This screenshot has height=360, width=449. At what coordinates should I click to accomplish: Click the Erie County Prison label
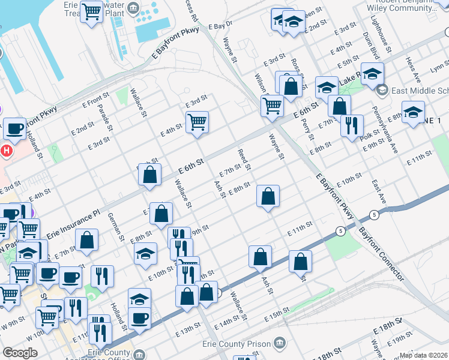(x=238, y=344)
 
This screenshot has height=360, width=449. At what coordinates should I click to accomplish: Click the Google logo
(x=20, y=353)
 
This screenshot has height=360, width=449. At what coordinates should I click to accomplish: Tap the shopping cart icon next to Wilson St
(x=273, y=106)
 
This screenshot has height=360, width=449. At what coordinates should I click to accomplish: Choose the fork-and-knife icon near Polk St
(x=352, y=125)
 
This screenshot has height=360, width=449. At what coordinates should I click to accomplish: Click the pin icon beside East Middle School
(x=382, y=91)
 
